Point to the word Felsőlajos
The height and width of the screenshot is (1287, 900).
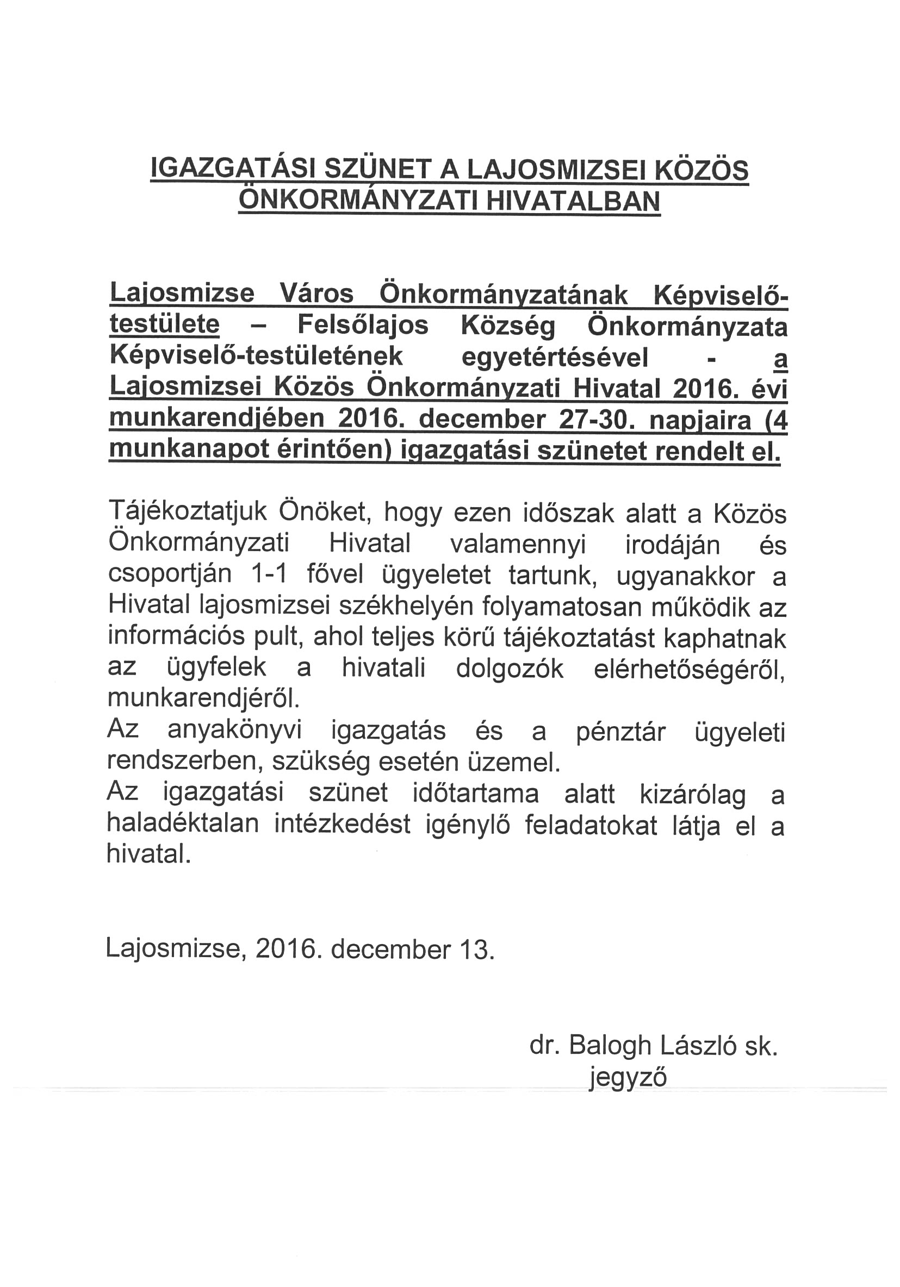tap(363, 324)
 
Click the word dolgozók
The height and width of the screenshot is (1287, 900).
tap(509, 669)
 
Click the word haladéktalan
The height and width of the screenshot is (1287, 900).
tap(183, 824)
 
